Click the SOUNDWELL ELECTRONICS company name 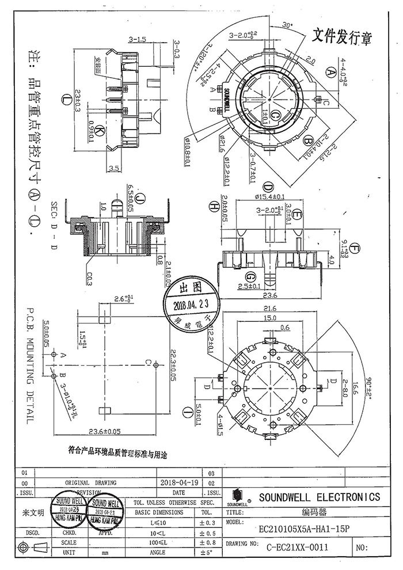click(320, 497)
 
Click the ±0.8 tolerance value click(206, 542)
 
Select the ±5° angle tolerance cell click(206, 553)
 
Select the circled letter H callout click(214, 206)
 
